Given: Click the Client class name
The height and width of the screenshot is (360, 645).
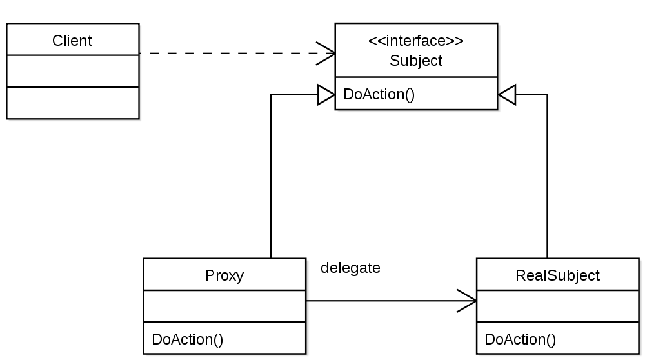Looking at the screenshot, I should [x=72, y=41].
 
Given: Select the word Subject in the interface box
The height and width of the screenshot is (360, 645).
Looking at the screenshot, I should [x=416, y=61].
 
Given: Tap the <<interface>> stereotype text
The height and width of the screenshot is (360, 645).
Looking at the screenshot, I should [x=416, y=41].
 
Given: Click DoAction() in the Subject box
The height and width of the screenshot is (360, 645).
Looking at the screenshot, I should [x=379, y=94].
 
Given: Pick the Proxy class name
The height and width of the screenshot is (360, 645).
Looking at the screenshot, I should [x=224, y=275].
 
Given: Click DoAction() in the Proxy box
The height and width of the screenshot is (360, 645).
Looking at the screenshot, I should [x=188, y=339].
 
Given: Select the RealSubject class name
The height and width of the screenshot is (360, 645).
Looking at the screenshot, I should [x=557, y=275].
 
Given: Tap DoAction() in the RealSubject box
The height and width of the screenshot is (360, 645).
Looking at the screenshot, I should [x=521, y=339].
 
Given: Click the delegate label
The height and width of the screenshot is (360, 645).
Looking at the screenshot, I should [x=350, y=268].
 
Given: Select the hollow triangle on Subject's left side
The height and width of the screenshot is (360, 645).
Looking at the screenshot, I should [x=326, y=95].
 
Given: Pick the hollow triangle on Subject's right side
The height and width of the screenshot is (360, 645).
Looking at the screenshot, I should [x=508, y=95].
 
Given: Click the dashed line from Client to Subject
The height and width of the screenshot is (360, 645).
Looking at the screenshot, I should [x=232, y=53].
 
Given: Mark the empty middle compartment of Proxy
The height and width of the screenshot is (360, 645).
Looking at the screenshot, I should [x=224, y=306].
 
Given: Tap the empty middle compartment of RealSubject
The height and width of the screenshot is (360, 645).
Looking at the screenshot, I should [x=557, y=306].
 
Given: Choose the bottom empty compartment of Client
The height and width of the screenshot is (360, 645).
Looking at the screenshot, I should [x=72, y=103].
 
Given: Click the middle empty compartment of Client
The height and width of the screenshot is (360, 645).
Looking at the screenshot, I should [x=72, y=71].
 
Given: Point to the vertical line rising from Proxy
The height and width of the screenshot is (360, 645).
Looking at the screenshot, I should [x=271, y=181].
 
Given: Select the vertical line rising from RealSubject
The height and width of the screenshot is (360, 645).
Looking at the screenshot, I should [x=548, y=181].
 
